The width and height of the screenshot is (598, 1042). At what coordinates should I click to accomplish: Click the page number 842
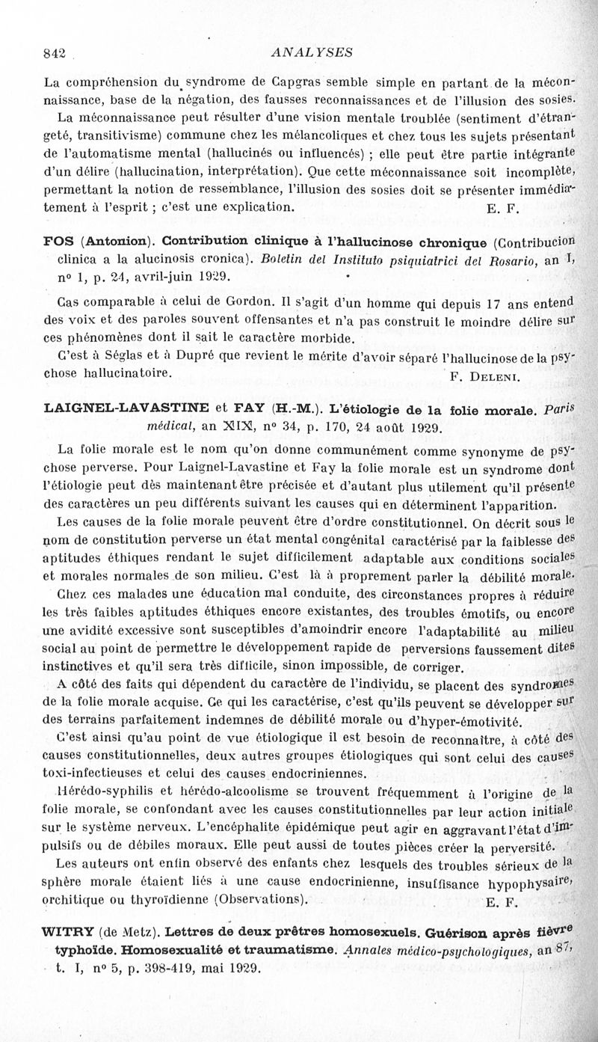coord(56,53)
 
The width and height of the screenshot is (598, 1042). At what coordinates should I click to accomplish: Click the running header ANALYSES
coord(302,52)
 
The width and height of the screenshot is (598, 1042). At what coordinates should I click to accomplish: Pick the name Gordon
coord(217,303)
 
